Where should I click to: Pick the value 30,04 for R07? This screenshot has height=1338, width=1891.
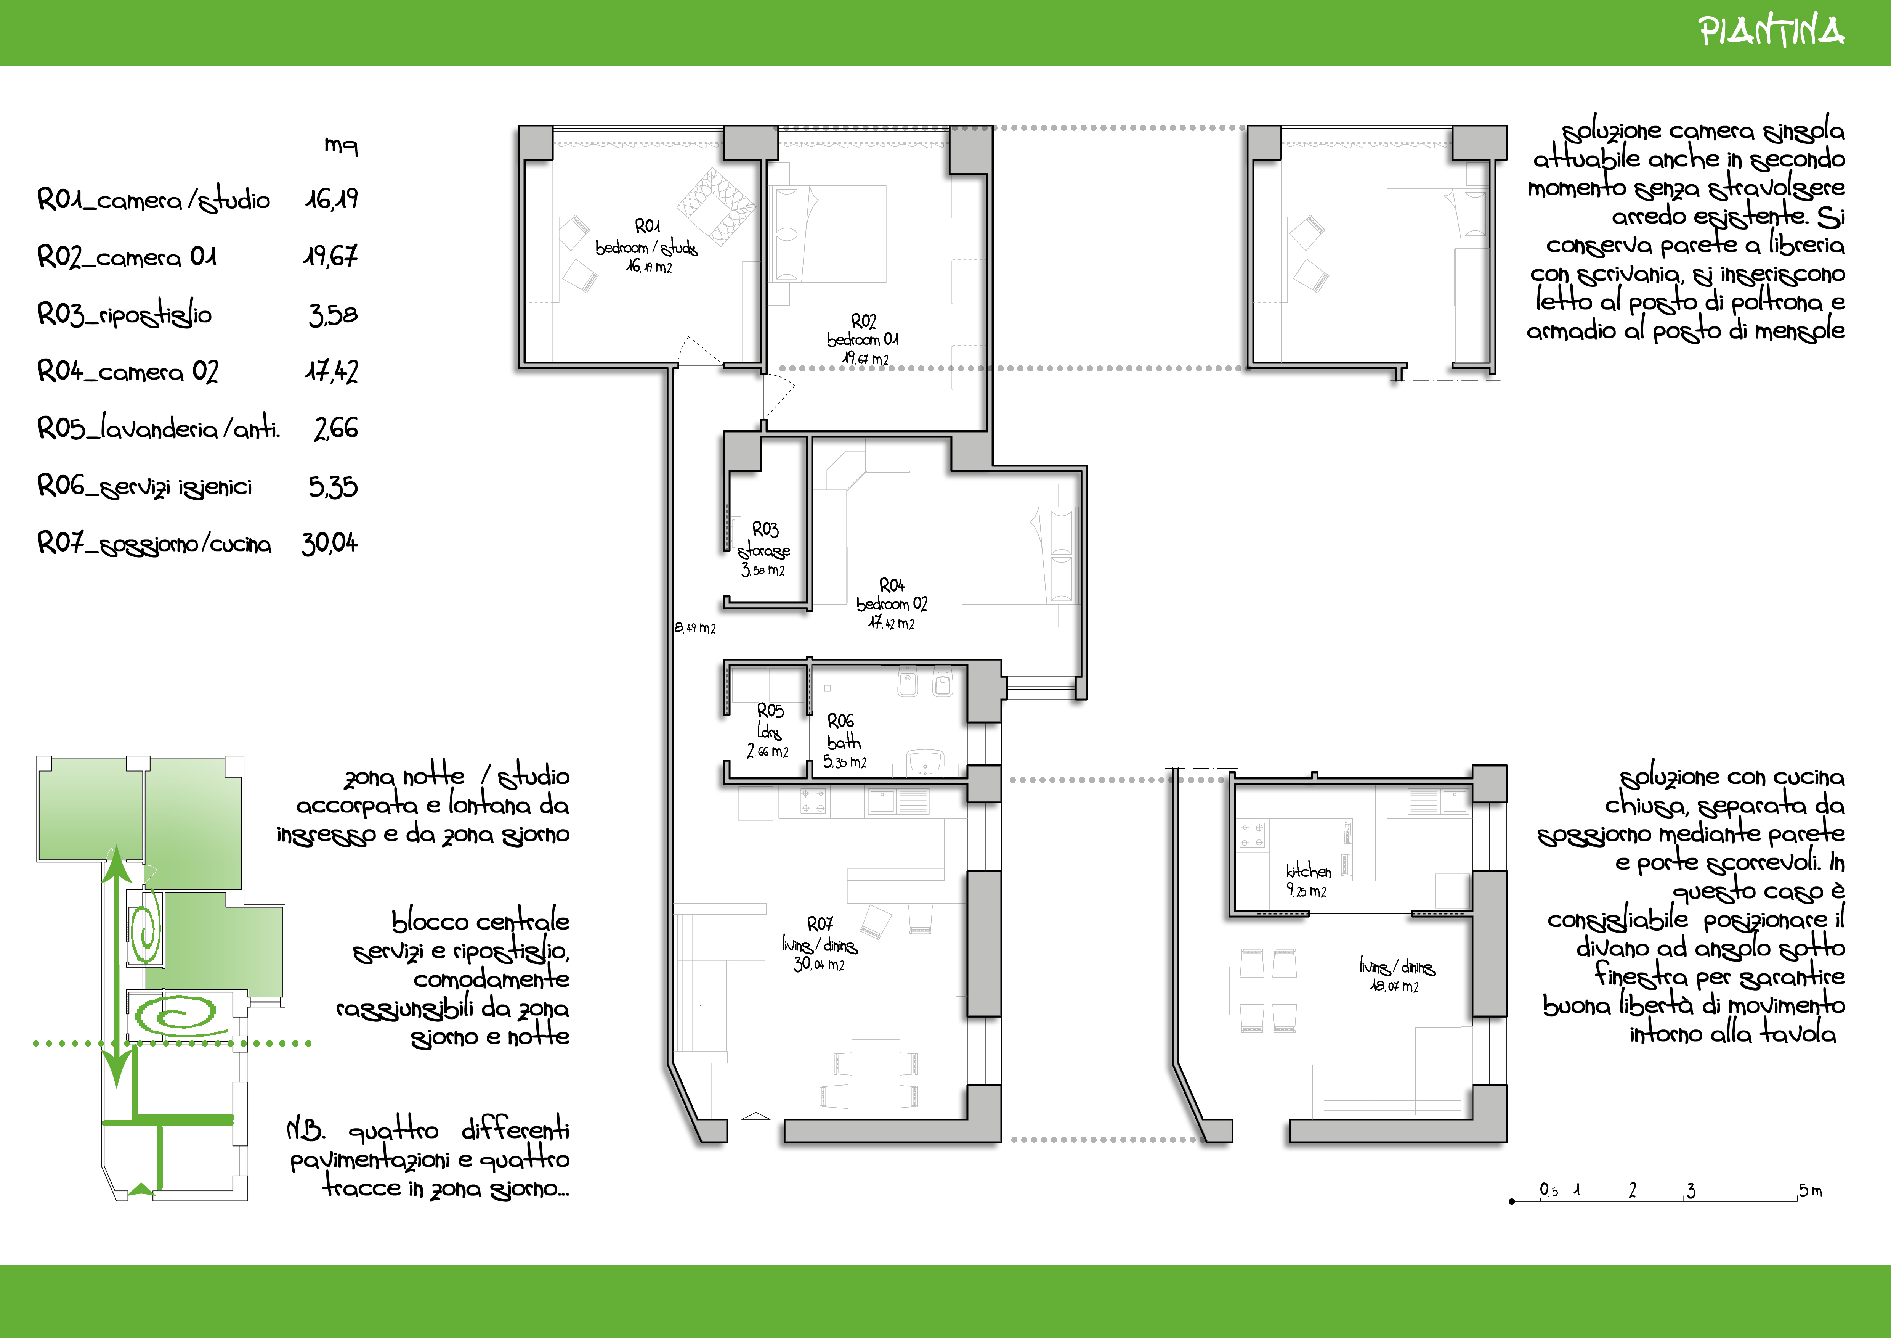[329, 543]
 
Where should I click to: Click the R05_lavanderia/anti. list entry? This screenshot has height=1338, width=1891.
[159, 428]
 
